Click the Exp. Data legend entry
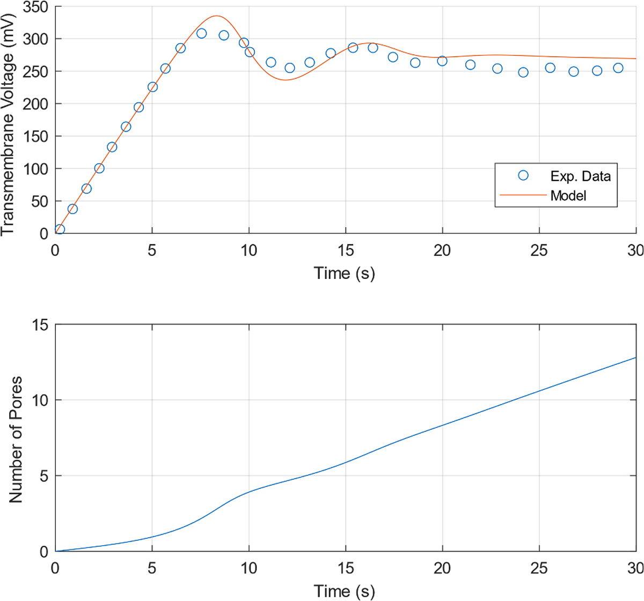580,176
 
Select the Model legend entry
568,195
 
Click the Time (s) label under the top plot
344,273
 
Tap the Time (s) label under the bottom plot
344,591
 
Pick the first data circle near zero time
60,229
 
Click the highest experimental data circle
201,33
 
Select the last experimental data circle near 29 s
618,68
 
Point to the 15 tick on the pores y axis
41,325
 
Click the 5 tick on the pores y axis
45,476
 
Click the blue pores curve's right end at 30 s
635,357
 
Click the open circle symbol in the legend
523,175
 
